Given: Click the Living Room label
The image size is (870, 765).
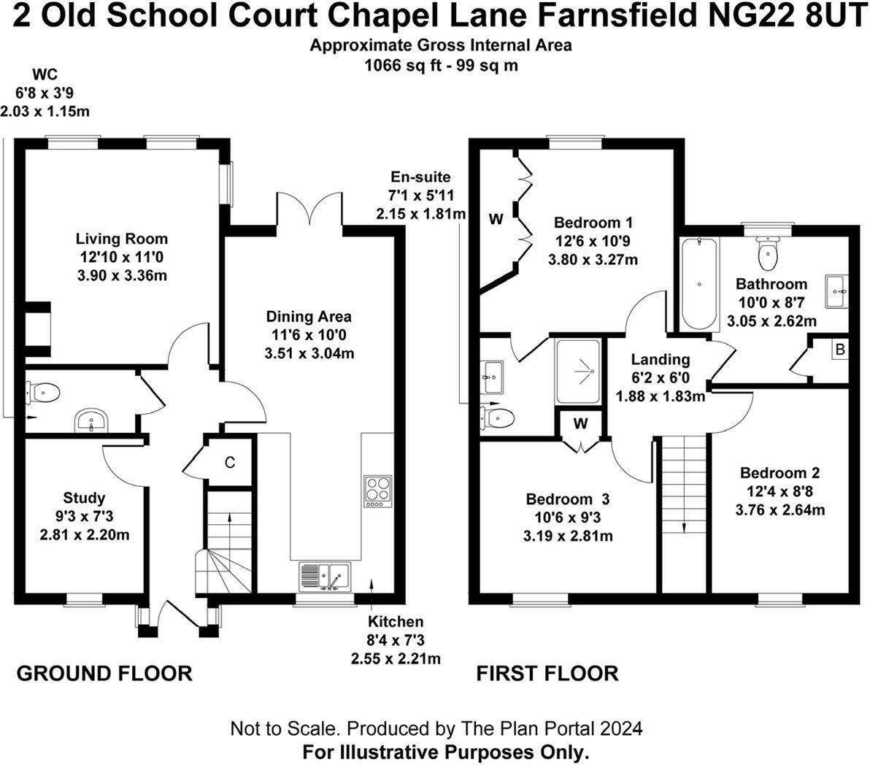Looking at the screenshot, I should coord(122,239).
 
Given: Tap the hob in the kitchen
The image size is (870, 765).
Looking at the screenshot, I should coord(378,491).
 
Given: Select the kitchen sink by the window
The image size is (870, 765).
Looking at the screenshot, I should coord(325,576).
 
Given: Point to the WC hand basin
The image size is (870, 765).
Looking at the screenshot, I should coord(91,420).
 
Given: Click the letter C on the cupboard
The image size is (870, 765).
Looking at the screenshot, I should coord(229,462).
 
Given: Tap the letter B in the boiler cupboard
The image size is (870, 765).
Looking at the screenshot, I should coord(840,350).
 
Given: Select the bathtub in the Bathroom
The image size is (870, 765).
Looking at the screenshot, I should coord(699,284).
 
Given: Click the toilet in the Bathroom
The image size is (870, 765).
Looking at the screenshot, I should coord(767,253).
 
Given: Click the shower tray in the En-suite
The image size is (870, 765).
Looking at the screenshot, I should coord(578,372).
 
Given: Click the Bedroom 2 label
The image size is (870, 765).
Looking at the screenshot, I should coord(779,473).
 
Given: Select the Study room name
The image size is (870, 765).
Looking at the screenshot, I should coord(84,499).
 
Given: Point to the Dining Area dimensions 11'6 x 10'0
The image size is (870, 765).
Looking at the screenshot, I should coord(308,336).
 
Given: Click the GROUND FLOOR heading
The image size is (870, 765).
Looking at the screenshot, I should coord(104,673).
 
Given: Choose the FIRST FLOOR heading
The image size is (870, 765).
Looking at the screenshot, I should coord(547,673).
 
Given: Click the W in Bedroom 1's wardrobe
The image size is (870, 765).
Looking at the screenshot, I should coord(496,218).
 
